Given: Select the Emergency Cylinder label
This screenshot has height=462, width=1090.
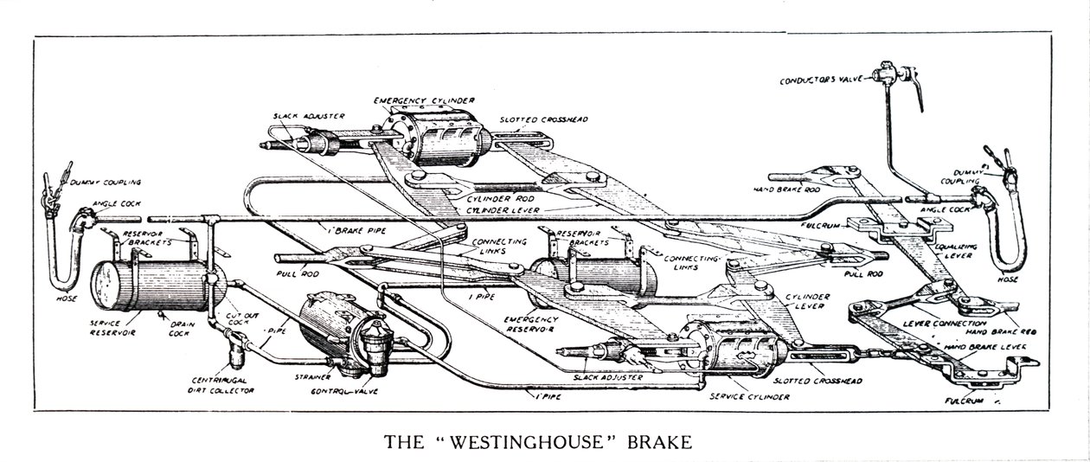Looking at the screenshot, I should coord(424,101).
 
